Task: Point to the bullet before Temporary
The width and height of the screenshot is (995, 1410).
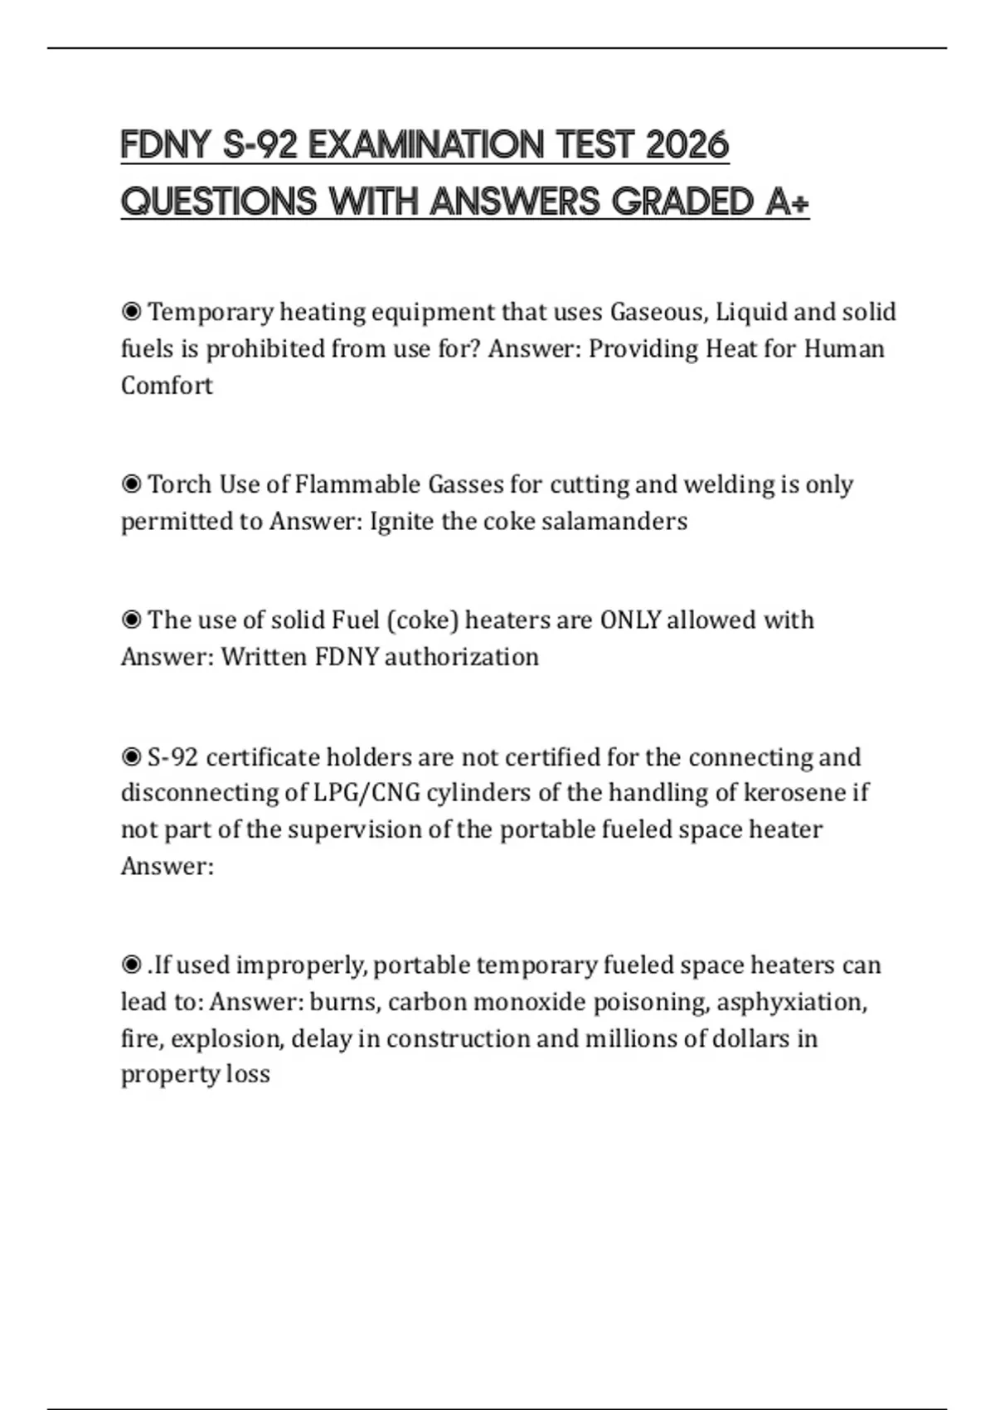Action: [131, 313]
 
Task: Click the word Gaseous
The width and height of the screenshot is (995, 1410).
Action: [659, 312]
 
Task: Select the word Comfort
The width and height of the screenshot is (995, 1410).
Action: [167, 386]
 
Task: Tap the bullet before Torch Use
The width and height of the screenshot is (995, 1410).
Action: [131, 484]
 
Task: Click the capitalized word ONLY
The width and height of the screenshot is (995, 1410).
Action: [630, 620]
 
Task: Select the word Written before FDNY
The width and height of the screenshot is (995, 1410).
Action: [265, 657]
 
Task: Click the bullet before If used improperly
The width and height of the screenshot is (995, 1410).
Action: [131, 965]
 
